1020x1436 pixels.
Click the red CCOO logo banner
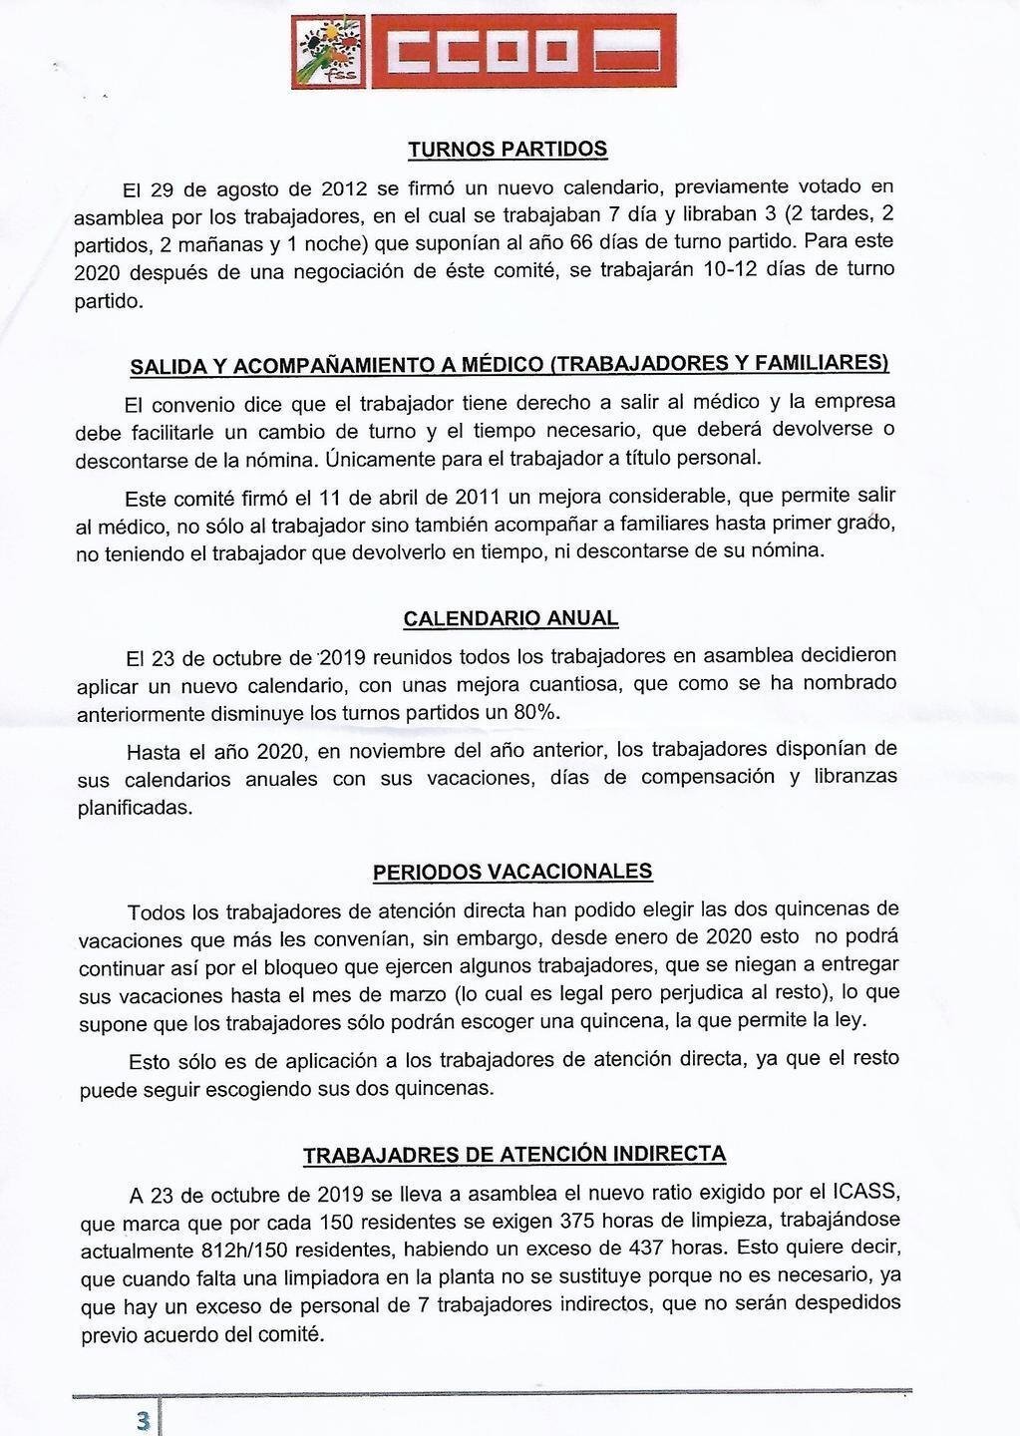(x=523, y=52)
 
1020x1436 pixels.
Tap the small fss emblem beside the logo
(x=330, y=52)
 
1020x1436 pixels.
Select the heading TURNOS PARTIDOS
(x=508, y=150)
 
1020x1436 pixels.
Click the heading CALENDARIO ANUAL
(x=510, y=618)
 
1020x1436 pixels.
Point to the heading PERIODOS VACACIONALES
(x=512, y=872)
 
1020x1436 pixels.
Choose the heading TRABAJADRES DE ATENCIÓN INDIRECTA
(x=514, y=1155)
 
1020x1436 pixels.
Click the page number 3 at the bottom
(x=143, y=1420)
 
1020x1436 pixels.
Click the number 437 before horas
(x=650, y=1247)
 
